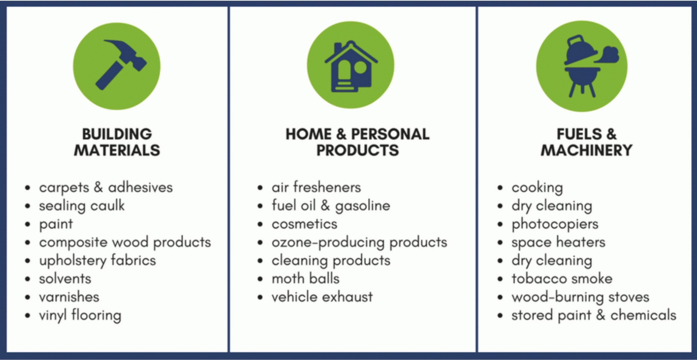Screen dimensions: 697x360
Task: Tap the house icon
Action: tap(351, 66)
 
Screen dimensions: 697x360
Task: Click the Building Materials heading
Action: tap(117, 142)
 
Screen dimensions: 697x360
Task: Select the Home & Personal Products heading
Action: tap(357, 142)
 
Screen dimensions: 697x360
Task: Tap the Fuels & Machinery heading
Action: tap(586, 142)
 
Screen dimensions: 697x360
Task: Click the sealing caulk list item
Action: tap(82, 206)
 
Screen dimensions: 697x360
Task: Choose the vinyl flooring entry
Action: tap(80, 315)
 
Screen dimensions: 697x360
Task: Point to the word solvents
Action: tap(65, 279)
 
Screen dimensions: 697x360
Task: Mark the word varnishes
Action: tap(69, 297)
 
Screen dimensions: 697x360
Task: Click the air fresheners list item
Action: tap(316, 187)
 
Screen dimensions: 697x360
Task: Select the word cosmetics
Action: tap(304, 224)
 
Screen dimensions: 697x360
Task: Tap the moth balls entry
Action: tap(305, 278)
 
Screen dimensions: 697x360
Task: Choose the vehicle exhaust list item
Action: tap(322, 297)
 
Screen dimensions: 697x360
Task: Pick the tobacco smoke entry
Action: tap(562, 279)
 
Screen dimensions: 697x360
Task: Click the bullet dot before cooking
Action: tap(500, 188)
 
